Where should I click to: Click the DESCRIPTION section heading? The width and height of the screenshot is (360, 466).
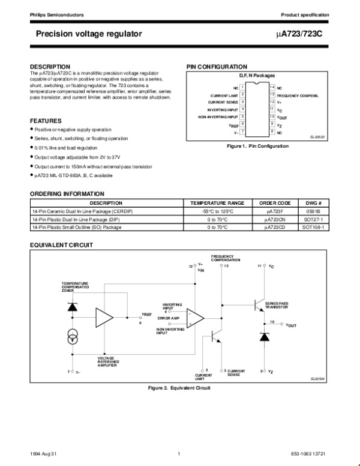(50, 66)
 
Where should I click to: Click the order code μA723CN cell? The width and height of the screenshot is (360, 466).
(275, 220)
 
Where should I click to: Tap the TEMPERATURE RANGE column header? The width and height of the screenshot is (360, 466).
(217, 204)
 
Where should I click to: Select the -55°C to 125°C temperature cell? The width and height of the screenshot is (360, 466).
(217, 212)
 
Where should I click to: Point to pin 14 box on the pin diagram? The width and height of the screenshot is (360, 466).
(271, 88)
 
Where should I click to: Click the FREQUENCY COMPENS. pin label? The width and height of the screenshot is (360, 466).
(298, 95)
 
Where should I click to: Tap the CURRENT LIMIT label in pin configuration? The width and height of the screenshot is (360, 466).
(223, 95)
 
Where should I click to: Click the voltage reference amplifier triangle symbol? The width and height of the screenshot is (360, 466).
(103, 316)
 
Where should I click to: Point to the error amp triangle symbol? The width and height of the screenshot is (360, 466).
(194, 317)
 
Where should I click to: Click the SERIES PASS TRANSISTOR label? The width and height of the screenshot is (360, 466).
(277, 305)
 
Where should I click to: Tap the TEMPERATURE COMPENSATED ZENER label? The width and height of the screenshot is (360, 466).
(75, 286)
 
